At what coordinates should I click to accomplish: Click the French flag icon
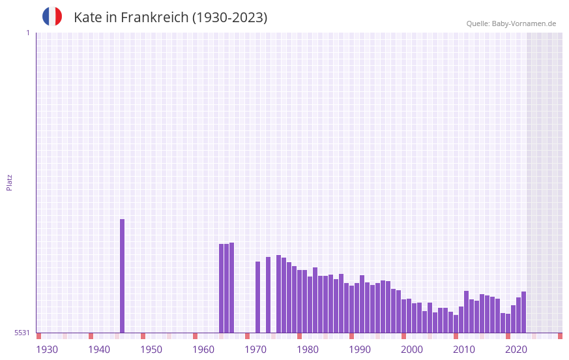click(52, 16)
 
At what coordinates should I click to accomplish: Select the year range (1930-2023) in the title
click(229, 18)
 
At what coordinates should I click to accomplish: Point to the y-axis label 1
click(27, 33)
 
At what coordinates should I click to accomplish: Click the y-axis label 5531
click(22, 333)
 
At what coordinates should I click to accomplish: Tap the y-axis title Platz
click(9, 182)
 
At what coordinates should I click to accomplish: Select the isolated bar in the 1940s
click(122, 276)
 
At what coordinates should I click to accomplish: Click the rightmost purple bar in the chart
click(523, 312)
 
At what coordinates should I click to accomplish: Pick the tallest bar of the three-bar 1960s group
click(231, 288)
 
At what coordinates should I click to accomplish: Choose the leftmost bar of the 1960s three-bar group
click(221, 288)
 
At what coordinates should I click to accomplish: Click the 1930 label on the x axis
click(47, 350)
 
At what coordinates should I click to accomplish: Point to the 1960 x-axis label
click(203, 350)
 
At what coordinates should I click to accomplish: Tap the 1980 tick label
click(308, 350)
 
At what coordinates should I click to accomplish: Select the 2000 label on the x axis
click(412, 350)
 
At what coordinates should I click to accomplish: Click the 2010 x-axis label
click(464, 350)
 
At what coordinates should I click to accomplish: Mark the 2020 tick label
click(516, 350)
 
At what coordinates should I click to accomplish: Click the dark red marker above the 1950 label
click(143, 336)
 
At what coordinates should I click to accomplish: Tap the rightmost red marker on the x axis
click(560, 336)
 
